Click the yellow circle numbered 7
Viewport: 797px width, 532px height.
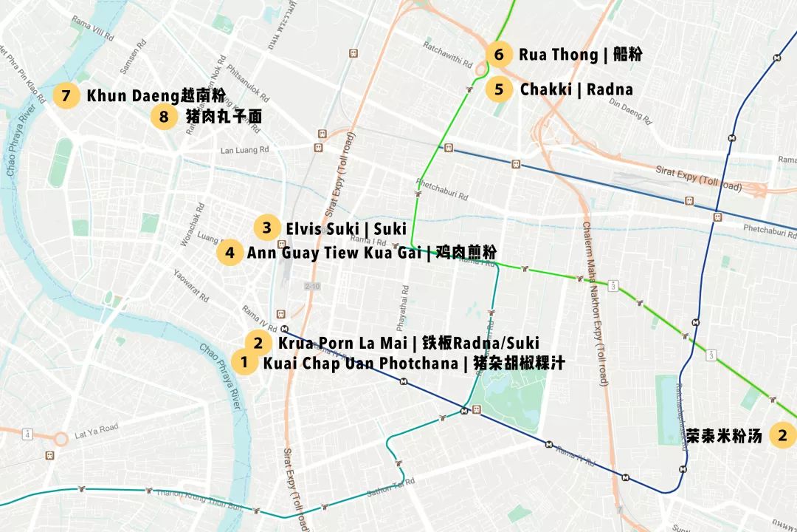[x=66, y=96]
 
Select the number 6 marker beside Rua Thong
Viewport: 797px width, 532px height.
[x=500, y=55]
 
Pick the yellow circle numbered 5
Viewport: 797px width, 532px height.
[x=500, y=89]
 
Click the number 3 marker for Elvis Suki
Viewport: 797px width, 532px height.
[x=266, y=228]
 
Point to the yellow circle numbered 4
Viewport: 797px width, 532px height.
[x=230, y=253]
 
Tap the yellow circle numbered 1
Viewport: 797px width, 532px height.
[x=244, y=363]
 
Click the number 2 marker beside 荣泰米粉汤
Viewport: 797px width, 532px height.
[x=782, y=435]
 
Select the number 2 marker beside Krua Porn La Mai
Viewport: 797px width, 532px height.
[x=258, y=343]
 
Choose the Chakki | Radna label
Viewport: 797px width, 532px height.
[x=576, y=89]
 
